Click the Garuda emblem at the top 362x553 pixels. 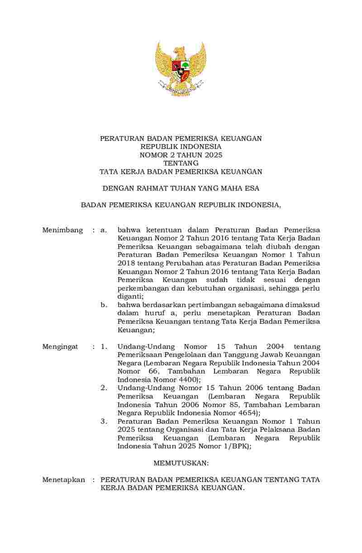tap(181, 68)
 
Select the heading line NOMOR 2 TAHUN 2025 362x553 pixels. tap(181, 155)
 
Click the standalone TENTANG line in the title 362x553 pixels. tap(181, 163)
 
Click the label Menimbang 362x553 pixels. tap(62, 230)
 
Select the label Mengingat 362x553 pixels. tap(60, 347)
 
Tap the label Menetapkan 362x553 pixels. tap(63, 480)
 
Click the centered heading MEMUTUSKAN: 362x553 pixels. tap(181, 463)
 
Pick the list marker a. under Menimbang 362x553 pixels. tap(104, 230)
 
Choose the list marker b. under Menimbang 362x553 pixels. tap(104, 305)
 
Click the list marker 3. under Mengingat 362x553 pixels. tap(104, 421)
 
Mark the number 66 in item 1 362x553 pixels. tap(149, 372)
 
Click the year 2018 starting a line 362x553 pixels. tap(127, 263)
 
